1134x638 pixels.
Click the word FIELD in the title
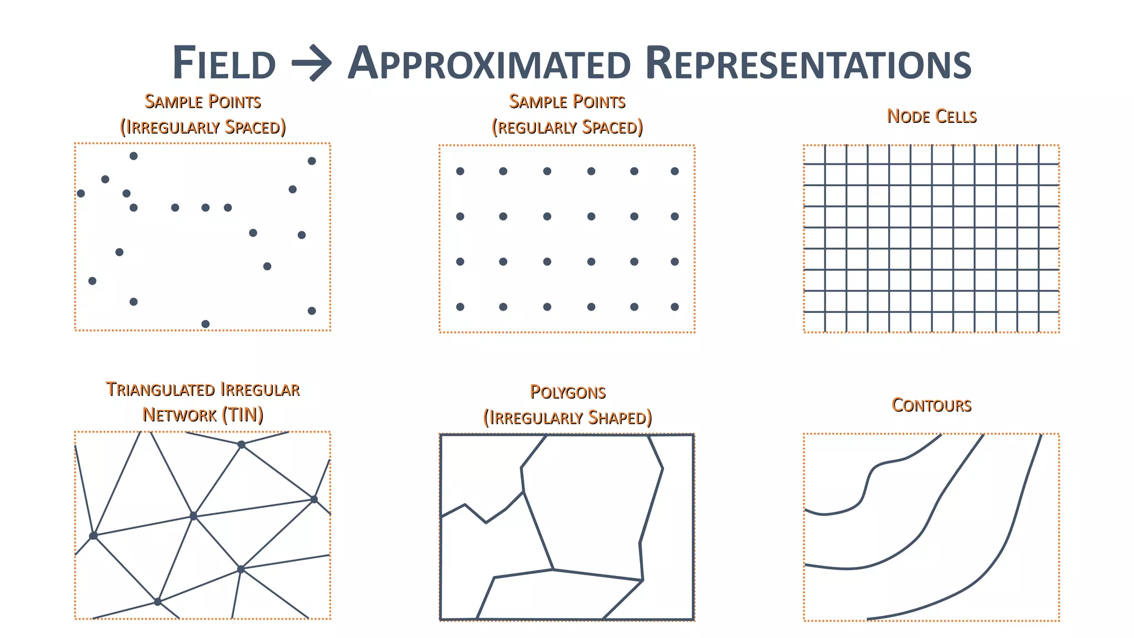[x=224, y=63]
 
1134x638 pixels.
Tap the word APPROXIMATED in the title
[x=489, y=63]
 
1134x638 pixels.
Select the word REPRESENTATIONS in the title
[x=808, y=63]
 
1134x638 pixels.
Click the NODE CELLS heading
[x=931, y=116]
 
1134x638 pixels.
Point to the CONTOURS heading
[x=931, y=405]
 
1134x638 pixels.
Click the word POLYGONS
[x=568, y=392]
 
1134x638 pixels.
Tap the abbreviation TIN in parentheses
[x=243, y=415]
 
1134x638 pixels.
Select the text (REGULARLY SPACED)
[x=568, y=127]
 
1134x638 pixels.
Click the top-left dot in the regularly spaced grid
[x=460, y=171]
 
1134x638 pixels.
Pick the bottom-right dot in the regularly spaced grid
[x=674, y=307]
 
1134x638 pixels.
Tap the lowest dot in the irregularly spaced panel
[x=205, y=324]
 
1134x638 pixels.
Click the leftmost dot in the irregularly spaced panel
[x=81, y=193]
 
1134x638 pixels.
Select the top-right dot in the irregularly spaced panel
[x=312, y=161]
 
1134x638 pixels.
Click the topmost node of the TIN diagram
[x=241, y=445]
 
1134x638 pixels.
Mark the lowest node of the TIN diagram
[x=158, y=601]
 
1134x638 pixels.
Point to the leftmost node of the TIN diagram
[x=94, y=536]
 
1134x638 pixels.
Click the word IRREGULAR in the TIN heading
[x=260, y=389]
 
